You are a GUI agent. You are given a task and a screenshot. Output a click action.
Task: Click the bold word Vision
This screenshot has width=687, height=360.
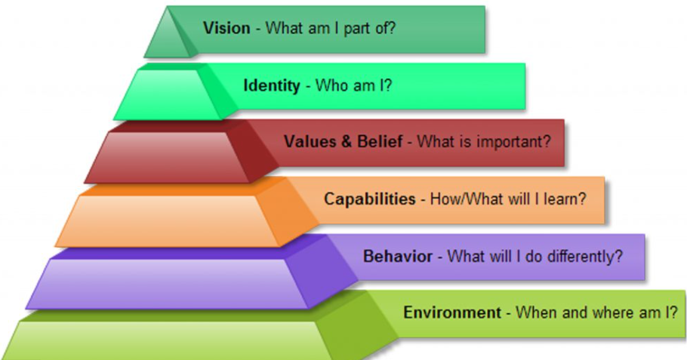pyautogui.click(x=226, y=28)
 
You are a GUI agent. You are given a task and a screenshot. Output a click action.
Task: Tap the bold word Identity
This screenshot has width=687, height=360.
pyautogui.click(x=272, y=85)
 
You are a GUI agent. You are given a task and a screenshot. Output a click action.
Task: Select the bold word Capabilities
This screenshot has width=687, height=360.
pyautogui.click(x=370, y=198)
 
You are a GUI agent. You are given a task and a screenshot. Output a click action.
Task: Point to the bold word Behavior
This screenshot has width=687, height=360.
pyautogui.click(x=398, y=256)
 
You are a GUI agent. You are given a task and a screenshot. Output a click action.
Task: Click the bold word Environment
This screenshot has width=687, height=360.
pyautogui.click(x=451, y=312)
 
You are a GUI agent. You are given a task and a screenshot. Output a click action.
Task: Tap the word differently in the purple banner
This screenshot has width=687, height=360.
pyautogui.click(x=580, y=256)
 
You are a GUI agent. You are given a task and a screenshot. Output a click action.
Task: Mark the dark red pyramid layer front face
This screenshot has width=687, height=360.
pyautogui.click(x=168, y=157)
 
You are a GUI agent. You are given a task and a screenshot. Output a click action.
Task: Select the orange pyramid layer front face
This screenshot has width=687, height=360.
pyautogui.click(x=168, y=220)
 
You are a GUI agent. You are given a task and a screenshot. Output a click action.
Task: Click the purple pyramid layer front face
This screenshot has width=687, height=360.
pyautogui.click(x=168, y=283)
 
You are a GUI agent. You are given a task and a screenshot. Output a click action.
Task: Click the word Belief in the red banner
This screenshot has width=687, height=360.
pyautogui.click(x=380, y=142)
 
